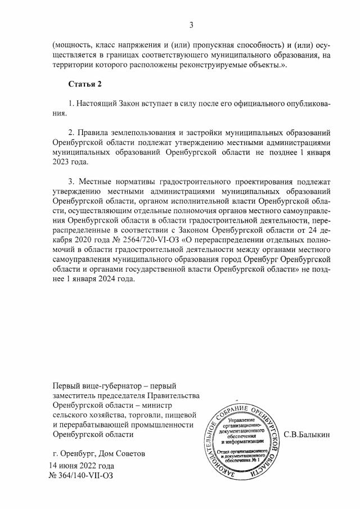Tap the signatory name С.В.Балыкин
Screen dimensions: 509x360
pos(307,434)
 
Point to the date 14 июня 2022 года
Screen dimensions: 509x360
pos(82,466)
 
